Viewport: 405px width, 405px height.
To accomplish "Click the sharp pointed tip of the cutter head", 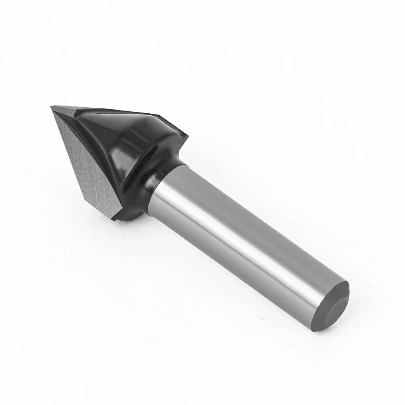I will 51,107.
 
